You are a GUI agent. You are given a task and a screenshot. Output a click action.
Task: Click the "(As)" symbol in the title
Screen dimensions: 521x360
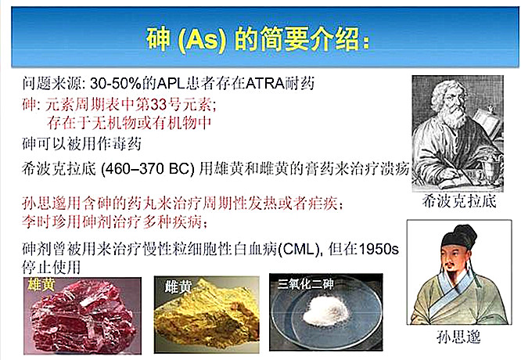(203, 40)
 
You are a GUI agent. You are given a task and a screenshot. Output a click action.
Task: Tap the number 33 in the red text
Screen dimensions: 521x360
(159, 104)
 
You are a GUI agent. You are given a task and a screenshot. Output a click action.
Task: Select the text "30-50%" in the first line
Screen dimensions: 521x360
(116, 83)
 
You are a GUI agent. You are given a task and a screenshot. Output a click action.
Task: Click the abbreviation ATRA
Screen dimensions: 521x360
(264, 83)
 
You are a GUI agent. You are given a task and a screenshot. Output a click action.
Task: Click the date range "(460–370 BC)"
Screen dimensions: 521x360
(148, 169)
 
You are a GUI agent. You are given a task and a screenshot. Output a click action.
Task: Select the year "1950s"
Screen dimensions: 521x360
(379, 249)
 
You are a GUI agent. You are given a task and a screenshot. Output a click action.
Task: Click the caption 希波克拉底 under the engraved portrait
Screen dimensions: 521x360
(459, 201)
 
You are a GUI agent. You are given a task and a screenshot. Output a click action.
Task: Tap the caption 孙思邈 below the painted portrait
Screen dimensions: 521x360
(458, 337)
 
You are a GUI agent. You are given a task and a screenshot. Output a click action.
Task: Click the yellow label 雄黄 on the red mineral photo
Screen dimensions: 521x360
(41, 285)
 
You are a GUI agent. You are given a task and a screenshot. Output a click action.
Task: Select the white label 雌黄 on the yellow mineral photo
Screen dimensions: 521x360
(178, 286)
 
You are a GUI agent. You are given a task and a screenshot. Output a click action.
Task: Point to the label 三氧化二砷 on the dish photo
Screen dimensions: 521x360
(306, 283)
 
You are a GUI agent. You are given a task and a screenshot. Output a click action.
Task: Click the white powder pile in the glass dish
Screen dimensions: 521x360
(326, 311)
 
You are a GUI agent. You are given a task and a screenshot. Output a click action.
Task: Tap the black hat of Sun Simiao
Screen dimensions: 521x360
(458, 236)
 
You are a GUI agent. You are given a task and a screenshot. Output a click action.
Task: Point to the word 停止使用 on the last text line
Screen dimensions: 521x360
(51, 267)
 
